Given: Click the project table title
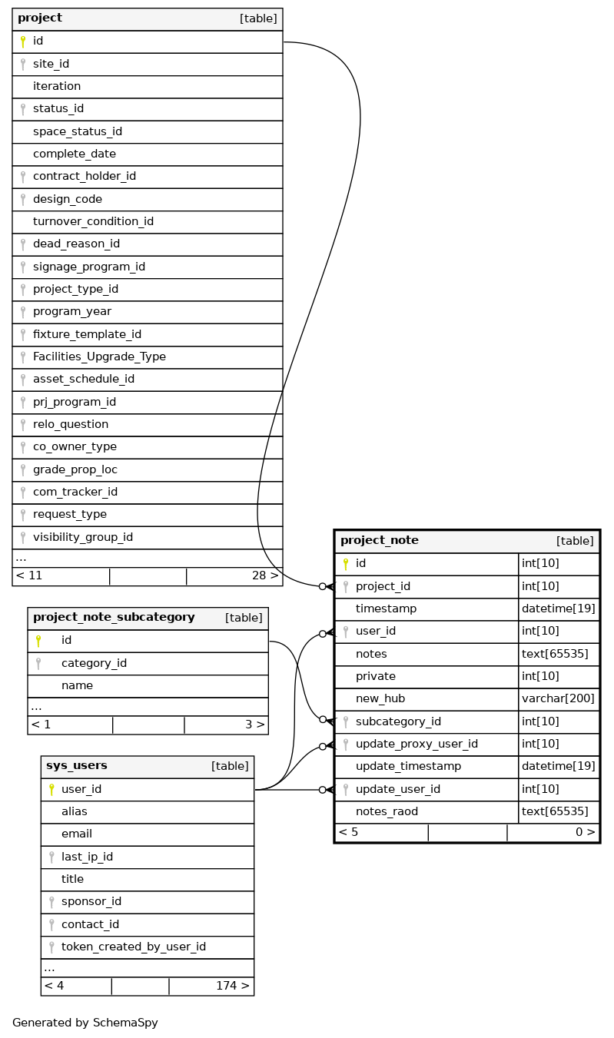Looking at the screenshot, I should pyautogui.click(x=40, y=18).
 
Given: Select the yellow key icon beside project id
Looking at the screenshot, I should pyautogui.click(x=23, y=41).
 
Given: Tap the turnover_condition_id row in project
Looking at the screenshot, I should pyautogui.click(x=93, y=221).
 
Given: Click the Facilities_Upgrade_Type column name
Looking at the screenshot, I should pyautogui.click(x=99, y=357).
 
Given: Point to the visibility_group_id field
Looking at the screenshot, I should pyautogui.click(x=83, y=537).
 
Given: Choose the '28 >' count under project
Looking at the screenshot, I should pyautogui.click(x=264, y=575).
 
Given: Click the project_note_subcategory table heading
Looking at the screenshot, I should pyautogui.click(x=114, y=618).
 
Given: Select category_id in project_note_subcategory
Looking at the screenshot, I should pyautogui.click(x=94, y=663).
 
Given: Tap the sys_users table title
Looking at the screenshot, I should pyautogui.click(x=77, y=766).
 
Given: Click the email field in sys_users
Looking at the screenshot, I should pyautogui.click(x=77, y=834).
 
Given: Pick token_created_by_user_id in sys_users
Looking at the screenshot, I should pyautogui.click(x=134, y=947).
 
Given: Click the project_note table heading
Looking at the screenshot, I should pyautogui.click(x=380, y=541).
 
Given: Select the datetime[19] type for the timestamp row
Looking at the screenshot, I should pyautogui.click(x=558, y=609).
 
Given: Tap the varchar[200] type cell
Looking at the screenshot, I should pyautogui.click(x=558, y=698).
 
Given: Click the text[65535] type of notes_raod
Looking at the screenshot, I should pyautogui.click(x=555, y=811).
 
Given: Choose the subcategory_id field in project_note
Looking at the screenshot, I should pyautogui.click(x=398, y=721).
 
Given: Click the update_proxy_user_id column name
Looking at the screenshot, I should pyautogui.click(x=417, y=744).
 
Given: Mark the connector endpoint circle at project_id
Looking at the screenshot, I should pyautogui.click(x=323, y=586).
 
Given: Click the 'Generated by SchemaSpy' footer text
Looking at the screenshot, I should pyautogui.click(x=85, y=1023).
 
